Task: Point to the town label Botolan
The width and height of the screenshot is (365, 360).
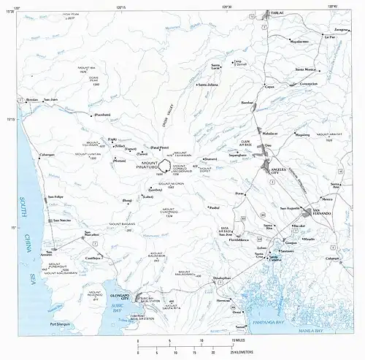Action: point(31,99)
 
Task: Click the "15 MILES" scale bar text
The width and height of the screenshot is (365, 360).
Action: point(239,341)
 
